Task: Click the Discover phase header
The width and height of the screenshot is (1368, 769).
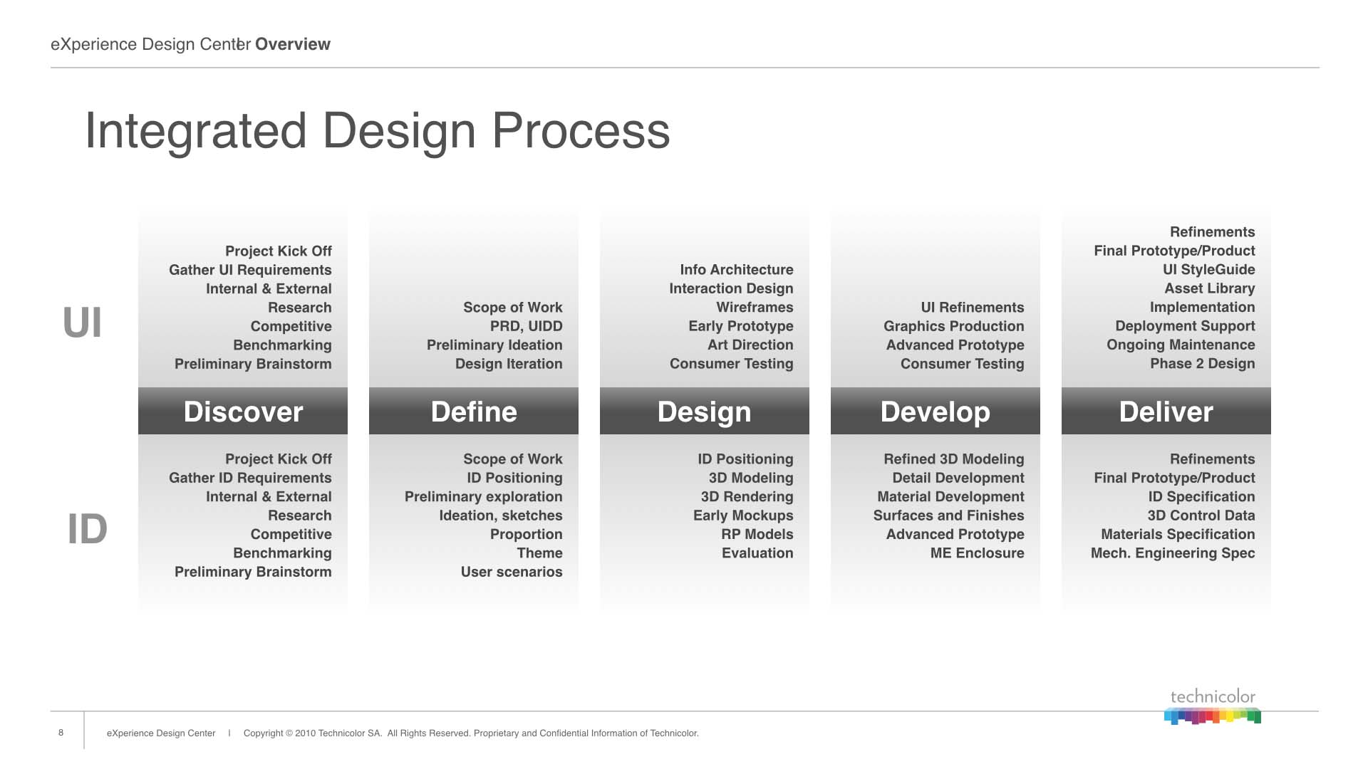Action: coord(243,411)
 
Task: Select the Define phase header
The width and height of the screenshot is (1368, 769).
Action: coord(474,411)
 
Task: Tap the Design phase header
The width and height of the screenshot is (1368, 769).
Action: coord(705,411)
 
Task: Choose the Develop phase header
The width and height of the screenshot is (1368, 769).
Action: coord(936,411)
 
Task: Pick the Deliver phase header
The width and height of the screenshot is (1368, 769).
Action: coord(1166,411)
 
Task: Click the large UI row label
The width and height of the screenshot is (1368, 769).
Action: coord(83,323)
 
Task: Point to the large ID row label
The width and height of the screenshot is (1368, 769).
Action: coord(87,529)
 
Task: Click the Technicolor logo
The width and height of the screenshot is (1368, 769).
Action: coord(1213,706)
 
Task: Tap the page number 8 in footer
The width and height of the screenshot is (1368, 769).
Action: coord(61,733)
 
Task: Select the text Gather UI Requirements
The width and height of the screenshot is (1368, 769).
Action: coord(250,270)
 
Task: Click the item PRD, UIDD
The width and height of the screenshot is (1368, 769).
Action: coord(527,326)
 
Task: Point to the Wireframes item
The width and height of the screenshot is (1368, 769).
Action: coord(755,307)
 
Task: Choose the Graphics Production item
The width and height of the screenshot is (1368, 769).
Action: coord(954,326)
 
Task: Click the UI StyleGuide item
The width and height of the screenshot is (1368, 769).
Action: coord(1209,270)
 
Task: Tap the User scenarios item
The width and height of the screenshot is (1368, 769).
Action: coord(512,572)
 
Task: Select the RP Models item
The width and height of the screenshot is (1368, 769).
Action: coord(757,534)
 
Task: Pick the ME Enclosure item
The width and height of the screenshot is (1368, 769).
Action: coord(978,553)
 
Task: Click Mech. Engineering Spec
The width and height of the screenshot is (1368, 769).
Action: coord(1173,553)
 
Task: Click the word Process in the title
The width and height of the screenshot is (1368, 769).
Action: coord(581,131)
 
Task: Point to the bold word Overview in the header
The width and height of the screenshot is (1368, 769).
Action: coord(293,44)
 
